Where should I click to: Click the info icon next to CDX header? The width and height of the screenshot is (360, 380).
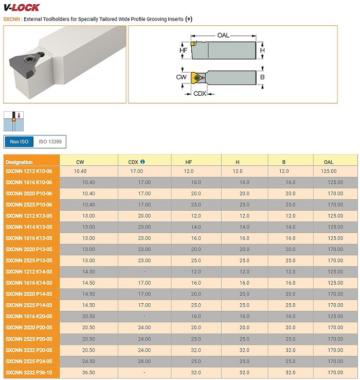(x=142, y=162)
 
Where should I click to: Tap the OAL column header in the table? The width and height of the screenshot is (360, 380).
(x=329, y=162)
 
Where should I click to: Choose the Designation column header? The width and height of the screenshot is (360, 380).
(x=19, y=162)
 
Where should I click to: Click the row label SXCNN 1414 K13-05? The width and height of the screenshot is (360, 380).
(x=29, y=227)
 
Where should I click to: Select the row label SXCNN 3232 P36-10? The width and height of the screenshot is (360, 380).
(x=29, y=372)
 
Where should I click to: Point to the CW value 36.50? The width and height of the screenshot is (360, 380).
(x=88, y=372)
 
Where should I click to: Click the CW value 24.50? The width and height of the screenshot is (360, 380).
(x=88, y=361)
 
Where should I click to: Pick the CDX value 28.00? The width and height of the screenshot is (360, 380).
(x=144, y=361)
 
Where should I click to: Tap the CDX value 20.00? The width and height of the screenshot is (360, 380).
(x=144, y=216)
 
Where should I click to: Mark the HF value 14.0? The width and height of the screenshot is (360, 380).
(x=196, y=227)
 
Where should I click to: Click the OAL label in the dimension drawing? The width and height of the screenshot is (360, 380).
(x=223, y=36)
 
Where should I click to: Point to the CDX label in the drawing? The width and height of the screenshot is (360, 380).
(x=199, y=94)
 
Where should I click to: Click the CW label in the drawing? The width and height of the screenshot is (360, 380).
(x=181, y=77)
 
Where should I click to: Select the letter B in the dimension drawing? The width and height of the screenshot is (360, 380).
(x=262, y=77)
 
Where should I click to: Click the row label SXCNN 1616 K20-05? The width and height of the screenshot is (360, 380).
(x=29, y=316)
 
